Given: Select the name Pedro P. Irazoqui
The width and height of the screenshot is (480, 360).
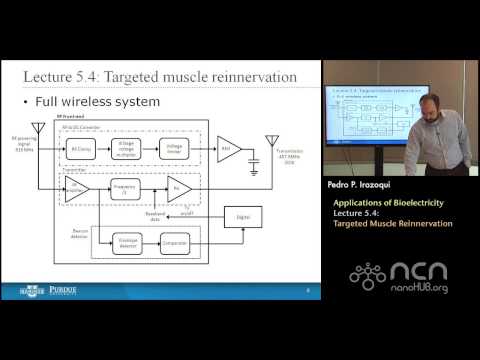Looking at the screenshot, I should [x=363, y=187].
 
